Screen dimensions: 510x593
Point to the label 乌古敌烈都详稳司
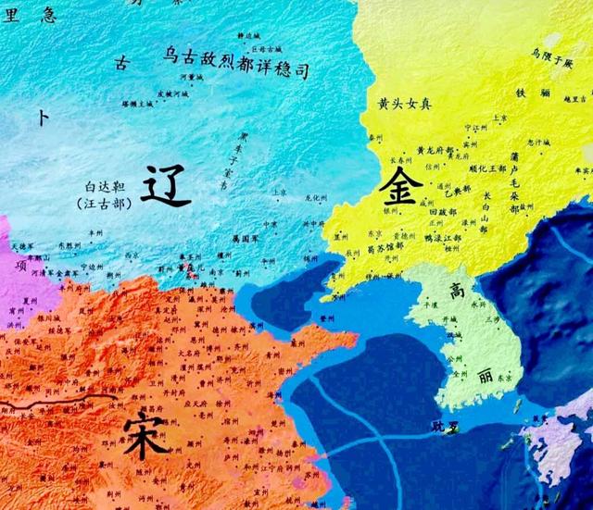click(x=233, y=64)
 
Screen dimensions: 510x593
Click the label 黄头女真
click(x=405, y=103)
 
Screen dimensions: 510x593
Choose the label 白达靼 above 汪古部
click(x=102, y=185)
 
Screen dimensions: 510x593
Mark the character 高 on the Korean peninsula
click(x=457, y=291)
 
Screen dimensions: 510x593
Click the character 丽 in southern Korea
click(x=486, y=378)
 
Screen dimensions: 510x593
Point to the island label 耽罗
click(x=445, y=426)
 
